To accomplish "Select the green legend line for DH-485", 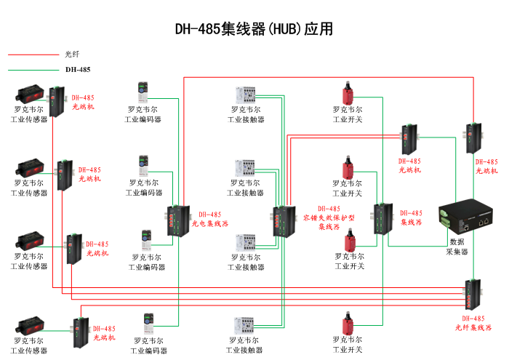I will coord(32,71).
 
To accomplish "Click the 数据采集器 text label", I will coord(457,247).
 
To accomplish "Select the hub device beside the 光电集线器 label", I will coord(176,219).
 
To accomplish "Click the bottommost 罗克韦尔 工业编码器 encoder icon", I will coord(149,323).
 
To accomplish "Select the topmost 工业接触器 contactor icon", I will coord(245,95).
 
